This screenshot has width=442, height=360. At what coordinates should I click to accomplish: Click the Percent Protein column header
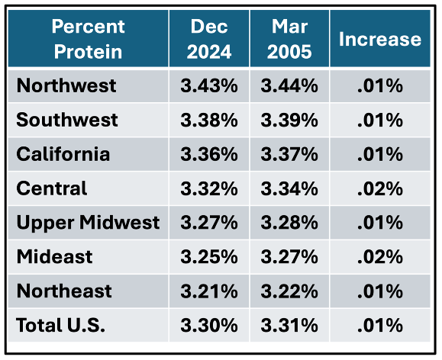pyautogui.click(x=88, y=39)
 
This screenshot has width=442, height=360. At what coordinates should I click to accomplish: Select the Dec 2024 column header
pyautogui.click(x=209, y=39)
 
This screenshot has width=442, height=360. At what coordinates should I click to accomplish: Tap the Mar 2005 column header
pyautogui.click(x=289, y=39)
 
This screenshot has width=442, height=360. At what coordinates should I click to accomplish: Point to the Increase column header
pyautogui.click(x=379, y=39)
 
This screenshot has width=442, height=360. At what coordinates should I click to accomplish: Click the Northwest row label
pyautogui.click(x=66, y=85)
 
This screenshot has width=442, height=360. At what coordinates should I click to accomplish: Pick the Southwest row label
pyautogui.click(x=67, y=120)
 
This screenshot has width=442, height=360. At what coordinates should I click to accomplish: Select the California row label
pyautogui.click(x=63, y=154)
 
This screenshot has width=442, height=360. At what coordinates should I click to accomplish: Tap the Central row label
pyautogui.click(x=52, y=188)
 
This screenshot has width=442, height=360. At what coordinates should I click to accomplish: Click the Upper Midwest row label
pyautogui.click(x=88, y=223)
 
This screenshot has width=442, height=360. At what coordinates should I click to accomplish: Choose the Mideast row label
pyautogui.click(x=54, y=256)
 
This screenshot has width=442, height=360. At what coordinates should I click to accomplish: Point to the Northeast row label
pyautogui.click(x=64, y=291)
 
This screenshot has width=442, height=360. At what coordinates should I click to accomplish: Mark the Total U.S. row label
pyautogui.click(x=60, y=325)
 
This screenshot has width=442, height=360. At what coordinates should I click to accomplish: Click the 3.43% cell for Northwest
pyautogui.click(x=209, y=85)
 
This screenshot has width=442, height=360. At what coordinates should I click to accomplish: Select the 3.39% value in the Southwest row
pyautogui.click(x=289, y=120)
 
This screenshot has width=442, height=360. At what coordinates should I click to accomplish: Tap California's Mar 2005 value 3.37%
pyautogui.click(x=289, y=154)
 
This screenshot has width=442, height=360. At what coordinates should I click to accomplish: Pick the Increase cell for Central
pyautogui.click(x=379, y=188)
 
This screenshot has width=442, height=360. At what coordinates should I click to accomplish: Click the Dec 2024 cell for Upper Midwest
pyautogui.click(x=209, y=223)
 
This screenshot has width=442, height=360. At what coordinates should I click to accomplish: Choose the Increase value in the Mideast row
pyautogui.click(x=379, y=257)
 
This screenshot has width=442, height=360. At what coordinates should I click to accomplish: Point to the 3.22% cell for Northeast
pyautogui.click(x=289, y=291)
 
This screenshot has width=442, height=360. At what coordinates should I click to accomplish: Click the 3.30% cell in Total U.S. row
pyautogui.click(x=209, y=326)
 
